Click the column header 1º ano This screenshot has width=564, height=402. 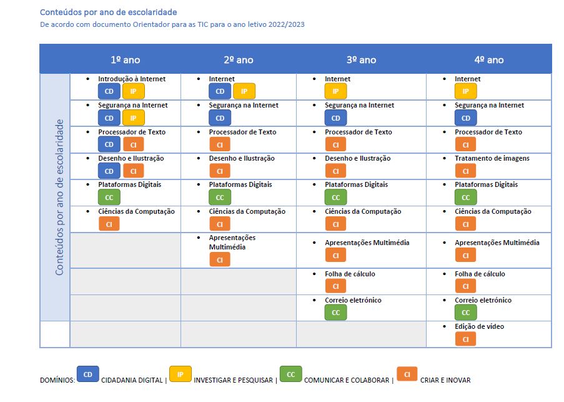point(125,60)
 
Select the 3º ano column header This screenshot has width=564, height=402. point(361,60)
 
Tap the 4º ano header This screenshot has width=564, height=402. point(488,60)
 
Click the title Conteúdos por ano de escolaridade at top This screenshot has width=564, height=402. point(108,12)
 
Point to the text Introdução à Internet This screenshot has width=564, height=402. point(132,79)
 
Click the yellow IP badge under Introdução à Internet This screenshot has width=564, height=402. point(133,91)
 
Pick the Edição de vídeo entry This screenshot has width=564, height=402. point(479,326)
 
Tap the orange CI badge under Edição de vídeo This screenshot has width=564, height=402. point(465,339)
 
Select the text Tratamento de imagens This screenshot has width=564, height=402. point(492,158)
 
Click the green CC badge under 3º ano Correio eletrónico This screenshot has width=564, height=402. point(335,313)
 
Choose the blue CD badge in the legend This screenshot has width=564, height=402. point(87,374)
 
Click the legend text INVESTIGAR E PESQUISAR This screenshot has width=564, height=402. point(233,380)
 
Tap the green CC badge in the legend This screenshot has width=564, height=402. point(290,374)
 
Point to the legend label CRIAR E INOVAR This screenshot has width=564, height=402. point(445,380)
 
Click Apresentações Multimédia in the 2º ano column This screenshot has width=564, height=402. point(232,242)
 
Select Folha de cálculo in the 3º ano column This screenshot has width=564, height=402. point(350,274)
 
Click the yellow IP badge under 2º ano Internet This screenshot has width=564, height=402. point(244,91)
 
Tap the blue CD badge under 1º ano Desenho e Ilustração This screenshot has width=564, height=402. point(109,171)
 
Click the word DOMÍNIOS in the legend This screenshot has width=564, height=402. point(56,380)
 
